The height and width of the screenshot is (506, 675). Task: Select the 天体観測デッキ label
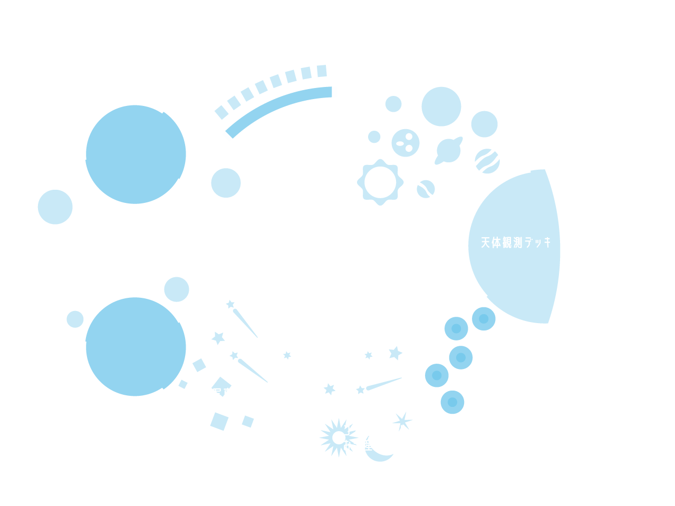[x=516, y=242]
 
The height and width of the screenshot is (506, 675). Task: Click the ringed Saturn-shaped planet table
[x=449, y=150]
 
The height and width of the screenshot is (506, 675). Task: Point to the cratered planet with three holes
[x=406, y=143]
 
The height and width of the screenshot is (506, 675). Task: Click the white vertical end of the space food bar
[x=337, y=99]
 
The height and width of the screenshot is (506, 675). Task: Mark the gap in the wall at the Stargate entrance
[x=20, y=250]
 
